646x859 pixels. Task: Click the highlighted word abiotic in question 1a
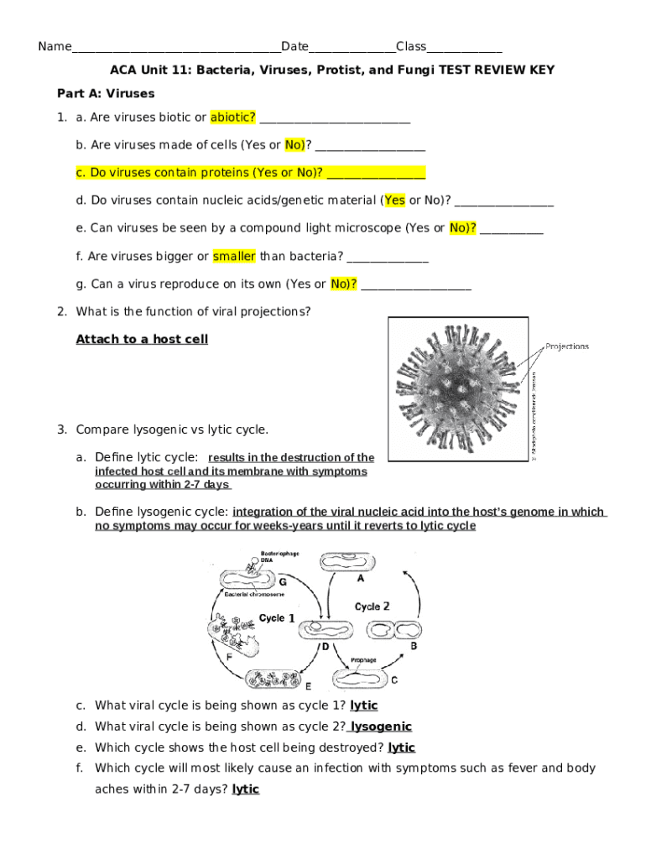233,117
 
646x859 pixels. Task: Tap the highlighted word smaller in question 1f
234,256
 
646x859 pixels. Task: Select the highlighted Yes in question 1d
394,200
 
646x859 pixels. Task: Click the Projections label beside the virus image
567,346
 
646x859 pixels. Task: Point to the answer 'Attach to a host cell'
142,339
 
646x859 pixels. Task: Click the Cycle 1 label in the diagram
277,617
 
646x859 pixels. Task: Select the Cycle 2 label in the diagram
372,606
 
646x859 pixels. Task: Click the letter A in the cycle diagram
361,578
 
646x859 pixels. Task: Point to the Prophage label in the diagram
363,660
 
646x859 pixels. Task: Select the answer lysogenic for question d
381,726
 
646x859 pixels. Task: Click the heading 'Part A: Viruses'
106,93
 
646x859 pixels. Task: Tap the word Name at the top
55,47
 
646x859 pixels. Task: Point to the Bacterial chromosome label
253,594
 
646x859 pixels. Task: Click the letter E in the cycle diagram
308,685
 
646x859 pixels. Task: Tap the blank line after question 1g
414,285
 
